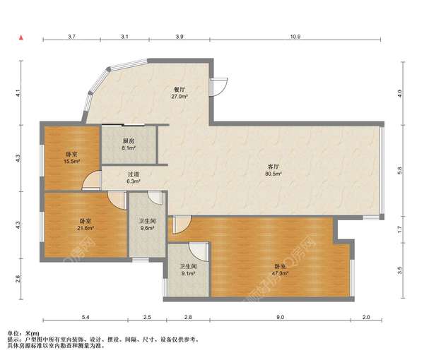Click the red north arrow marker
click(x=21, y=38)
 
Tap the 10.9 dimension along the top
click(x=295, y=37)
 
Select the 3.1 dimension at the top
click(x=124, y=37)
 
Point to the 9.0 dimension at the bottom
click(x=280, y=317)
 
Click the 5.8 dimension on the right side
click(x=400, y=170)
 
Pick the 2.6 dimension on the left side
click(x=18, y=278)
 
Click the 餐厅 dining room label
click(x=179, y=90)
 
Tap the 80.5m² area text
click(x=273, y=174)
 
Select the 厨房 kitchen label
click(x=129, y=140)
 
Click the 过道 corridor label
click(x=133, y=175)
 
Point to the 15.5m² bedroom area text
click(x=71, y=161)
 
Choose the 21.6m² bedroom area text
click(x=86, y=228)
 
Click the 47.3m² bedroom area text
click(x=280, y=273)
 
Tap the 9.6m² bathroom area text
click(x=147, y=228)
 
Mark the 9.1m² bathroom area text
click(x=188, y=273)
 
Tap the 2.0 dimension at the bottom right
click(x=366, y=317)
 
